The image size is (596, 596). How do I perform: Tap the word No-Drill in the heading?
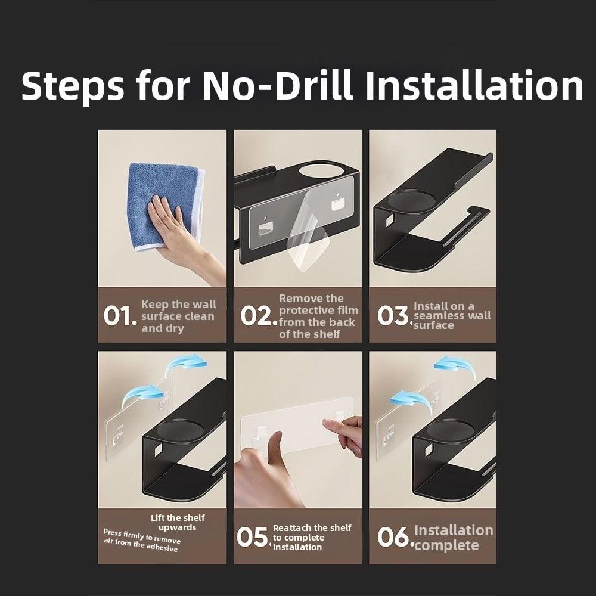(x=277, y=85)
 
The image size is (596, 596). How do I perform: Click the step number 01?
(x=120, y=316)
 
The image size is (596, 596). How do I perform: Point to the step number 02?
(x=259, y=316)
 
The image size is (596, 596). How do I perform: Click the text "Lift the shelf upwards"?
(x=178, y=523)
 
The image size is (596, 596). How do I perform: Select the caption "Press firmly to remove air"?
(x=141, y=540)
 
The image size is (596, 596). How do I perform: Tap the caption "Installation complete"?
(x=453, y=538)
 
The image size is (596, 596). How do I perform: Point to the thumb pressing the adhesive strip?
(x=274, y=445)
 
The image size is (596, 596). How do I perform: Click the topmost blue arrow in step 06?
(x=455, y=365)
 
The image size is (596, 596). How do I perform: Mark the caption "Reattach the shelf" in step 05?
(x=312, y=528)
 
